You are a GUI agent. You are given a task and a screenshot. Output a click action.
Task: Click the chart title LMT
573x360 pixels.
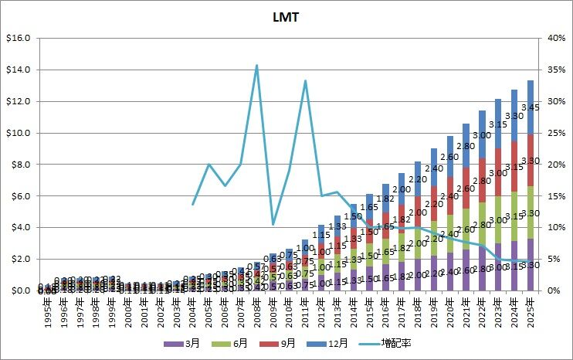286,15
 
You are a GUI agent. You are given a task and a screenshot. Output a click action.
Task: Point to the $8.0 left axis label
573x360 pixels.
19,165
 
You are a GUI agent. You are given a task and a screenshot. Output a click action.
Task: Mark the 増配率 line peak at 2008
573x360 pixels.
256,66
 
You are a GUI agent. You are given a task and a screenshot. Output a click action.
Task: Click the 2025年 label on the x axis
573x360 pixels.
531,311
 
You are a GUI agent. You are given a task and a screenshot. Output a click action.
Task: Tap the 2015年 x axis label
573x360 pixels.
370,311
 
